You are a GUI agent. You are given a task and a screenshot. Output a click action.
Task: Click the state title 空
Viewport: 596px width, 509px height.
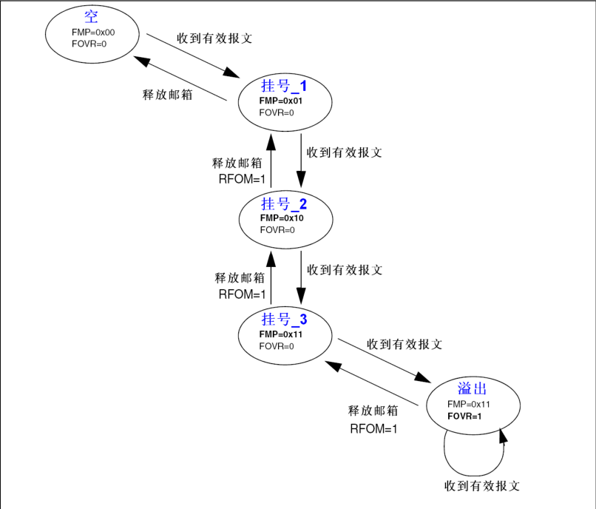(x=91, y=17)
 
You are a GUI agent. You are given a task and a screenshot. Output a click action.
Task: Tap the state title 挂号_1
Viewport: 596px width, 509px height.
(x=284, y=86)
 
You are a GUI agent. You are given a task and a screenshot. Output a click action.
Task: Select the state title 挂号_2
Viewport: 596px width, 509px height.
(x=284, y=204)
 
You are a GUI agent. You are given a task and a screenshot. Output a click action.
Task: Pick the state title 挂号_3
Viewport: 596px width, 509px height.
(x=284, y=320)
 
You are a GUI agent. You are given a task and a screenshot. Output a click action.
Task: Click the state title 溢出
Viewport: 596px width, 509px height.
(x=471, y=389)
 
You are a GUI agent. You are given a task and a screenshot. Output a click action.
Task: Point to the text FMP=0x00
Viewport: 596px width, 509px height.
(x=93, y=33)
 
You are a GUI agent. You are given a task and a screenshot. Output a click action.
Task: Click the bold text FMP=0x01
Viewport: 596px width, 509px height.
(x=281, y=101)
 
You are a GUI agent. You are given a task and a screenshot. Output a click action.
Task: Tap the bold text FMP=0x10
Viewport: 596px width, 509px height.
(x=282, y=218)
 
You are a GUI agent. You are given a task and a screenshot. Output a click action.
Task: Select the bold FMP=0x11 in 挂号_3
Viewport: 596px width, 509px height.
(x=281, y=334)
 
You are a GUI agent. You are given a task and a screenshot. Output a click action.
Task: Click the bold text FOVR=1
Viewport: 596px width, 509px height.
(x=464, y=417)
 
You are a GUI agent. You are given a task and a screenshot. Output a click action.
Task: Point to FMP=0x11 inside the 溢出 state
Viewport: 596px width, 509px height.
(x=469, y=404)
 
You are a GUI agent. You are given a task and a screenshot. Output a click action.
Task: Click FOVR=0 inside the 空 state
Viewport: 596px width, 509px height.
(x=89, y=44)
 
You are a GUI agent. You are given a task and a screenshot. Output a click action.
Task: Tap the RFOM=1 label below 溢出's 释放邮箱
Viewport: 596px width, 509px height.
(x=373, y=428)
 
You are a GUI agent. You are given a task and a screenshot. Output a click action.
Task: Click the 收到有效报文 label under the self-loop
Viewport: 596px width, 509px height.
(x=482, y=486)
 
